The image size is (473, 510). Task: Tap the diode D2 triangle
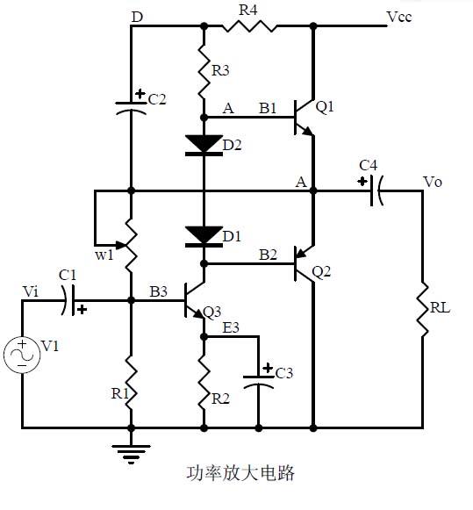(x=204, y=144)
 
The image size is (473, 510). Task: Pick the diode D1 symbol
(x=204, y=235)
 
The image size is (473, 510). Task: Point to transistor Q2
(x=304, y=262)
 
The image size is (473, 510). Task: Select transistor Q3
(x=195, y=301)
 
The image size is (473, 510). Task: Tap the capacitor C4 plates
(x=377, y=190)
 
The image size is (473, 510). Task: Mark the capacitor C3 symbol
(x=258, y=380)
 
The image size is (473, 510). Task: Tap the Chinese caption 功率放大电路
(x=240, y=474)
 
